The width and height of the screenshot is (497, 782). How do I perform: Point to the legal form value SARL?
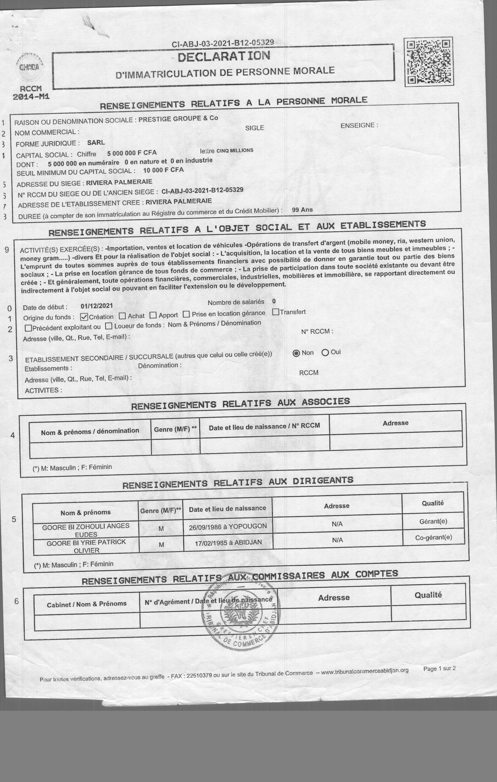(96, 142)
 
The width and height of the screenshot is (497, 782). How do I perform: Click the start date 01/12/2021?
(97, 306)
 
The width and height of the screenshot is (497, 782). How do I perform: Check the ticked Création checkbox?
(84, 317)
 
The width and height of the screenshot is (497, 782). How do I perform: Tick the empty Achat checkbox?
(122, 316)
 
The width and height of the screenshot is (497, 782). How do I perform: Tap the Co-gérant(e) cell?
(433, 537)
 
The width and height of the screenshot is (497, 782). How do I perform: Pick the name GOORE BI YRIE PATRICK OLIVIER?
(86, 546)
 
